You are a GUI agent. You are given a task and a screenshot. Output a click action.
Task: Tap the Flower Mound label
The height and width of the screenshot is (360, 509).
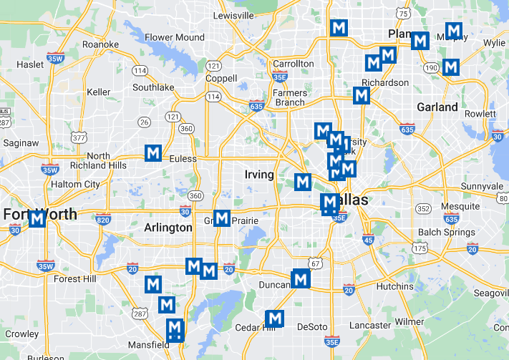click(174, 37)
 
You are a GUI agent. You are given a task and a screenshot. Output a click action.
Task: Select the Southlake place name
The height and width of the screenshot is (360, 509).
click(153, 87)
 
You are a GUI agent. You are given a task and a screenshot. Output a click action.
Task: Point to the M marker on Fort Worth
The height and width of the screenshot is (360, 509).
click(37, 219)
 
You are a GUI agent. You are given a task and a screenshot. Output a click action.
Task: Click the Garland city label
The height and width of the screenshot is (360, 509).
click(437, 107)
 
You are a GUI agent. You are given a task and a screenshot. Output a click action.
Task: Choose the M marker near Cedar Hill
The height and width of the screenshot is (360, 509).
click(275, 318)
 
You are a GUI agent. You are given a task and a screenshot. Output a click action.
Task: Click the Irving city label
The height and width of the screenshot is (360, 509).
click(259, 175)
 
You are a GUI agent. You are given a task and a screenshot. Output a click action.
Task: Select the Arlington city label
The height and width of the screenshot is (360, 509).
click(168, 228)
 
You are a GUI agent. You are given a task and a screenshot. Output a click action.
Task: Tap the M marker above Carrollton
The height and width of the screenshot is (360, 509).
click(339, 28)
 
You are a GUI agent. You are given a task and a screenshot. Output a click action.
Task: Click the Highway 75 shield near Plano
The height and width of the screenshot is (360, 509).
click(405, 14)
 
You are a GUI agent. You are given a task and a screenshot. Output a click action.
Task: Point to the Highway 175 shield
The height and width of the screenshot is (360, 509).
click(420, 248)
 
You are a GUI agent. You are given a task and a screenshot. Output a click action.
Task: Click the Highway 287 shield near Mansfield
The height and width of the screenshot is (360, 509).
click(140, 313)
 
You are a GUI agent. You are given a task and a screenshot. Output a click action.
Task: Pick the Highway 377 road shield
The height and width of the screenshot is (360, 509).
click(77, 137)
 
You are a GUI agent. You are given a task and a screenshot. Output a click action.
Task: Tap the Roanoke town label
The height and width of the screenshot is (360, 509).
click(100, 44)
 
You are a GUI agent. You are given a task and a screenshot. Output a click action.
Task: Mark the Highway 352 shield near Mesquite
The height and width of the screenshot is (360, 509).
click(424, 208)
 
